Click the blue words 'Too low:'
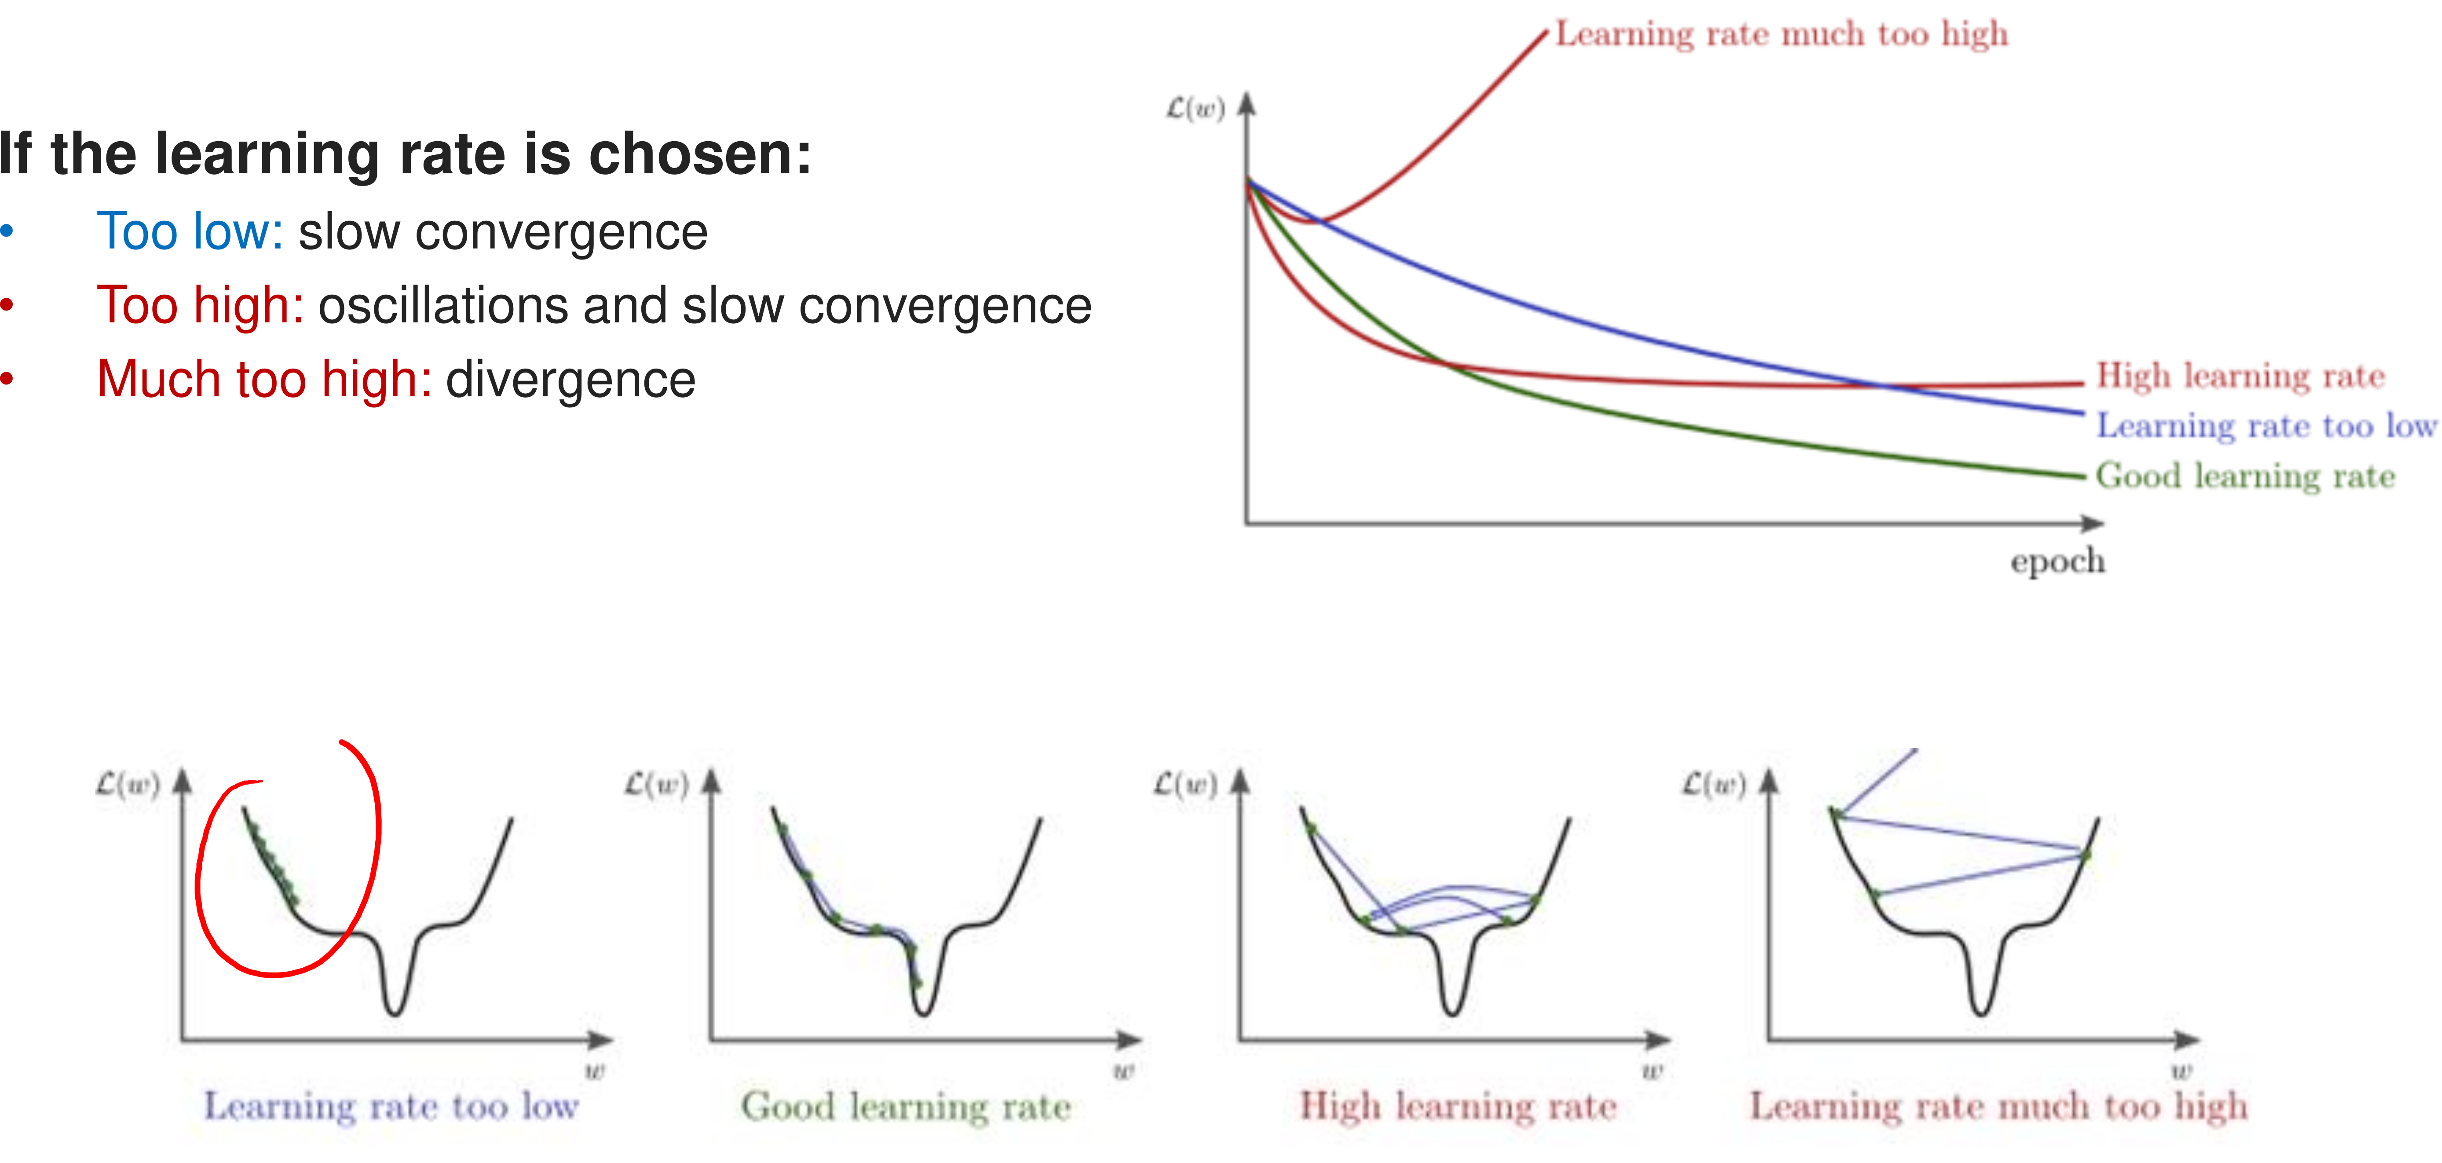pyautogui.click(x=190, y=232)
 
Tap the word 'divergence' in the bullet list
pyautogui.click(x=570, y=380)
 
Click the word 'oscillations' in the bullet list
pyautogui.click(x=443, y=306)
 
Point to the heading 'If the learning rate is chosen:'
pyautogui.click(x=406, y=154)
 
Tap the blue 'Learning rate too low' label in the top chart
pyautogui.click(x=2266, y=426)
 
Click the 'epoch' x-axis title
pyautogui.click(x=2057, y=561)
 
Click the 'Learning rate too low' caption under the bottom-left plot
pyautogui.click(x=391, y=1106)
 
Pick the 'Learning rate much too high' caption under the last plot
pyautogui.click(x=1998, y=1106)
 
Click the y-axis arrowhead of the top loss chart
pyautogui.click(x=1247, y=102)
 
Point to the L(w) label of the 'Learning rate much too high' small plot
pyautogui.click(x=1713, y=785)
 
